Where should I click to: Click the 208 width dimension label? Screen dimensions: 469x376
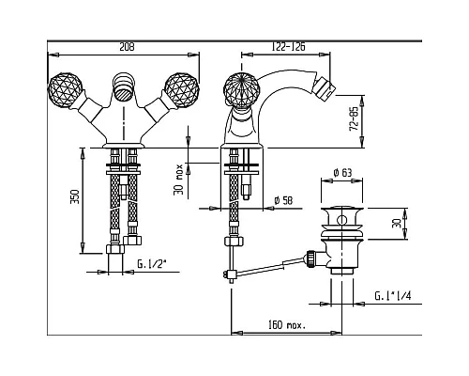tap(127, 47)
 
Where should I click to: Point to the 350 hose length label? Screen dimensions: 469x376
tap(75, 196)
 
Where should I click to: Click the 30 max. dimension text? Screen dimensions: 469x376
tap(178, 180)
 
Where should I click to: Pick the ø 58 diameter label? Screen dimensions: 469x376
tap(283, 200)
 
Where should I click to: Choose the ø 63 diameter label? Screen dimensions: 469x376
tap(342, 172)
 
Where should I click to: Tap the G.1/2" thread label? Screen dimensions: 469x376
tap(151, 264)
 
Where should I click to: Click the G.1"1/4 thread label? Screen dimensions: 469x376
tap(393, 296)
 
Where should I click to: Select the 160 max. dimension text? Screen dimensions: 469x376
tap(287, 325)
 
